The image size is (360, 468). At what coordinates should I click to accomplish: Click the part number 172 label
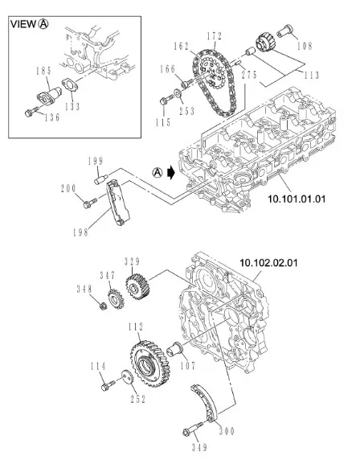tap(215, 36)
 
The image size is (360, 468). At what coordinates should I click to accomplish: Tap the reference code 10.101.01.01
tap(297, 199)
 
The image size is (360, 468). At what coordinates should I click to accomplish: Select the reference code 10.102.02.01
tap(268, 263)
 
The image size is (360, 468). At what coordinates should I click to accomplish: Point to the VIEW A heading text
tap(29, 24)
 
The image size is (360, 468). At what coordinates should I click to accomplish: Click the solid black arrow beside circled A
tap(171, 173)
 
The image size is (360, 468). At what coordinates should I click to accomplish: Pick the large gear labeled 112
tap(150, 363)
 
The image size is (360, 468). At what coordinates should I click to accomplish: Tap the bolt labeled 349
tap(193, 429)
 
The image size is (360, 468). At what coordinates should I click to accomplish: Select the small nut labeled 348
tap(103, 306)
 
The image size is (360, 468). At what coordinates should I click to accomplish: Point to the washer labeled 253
tap(178, 92)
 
